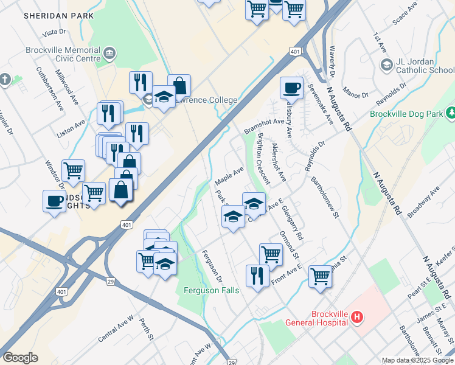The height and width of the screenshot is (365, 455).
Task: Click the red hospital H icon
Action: tap(357, 317)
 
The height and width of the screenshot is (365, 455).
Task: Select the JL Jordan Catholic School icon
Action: tap(386, 64)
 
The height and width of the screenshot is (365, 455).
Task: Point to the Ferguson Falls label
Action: tap(211, 290)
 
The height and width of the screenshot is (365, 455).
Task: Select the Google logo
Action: tap(20, 358)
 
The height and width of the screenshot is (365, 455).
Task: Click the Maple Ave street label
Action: tap(229, 176)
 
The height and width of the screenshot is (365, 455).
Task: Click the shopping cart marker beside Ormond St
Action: tap(271, 254)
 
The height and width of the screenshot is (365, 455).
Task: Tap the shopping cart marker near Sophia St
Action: tap(320, 277)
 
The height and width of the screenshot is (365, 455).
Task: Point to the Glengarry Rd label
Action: tap(293, 222)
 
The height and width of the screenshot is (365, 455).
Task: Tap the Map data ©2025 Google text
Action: tap(417, 360)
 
